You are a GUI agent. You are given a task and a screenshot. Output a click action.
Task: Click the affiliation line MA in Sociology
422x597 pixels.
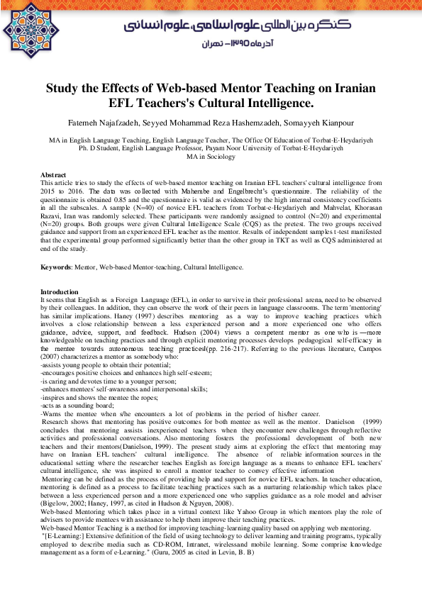point(211,157)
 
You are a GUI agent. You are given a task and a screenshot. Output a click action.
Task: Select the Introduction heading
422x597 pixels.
point(60,292)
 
